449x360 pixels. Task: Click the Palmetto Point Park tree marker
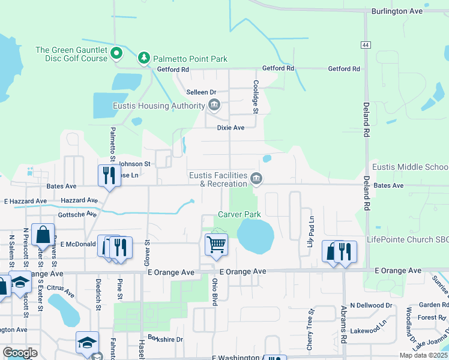(x=143, y=58)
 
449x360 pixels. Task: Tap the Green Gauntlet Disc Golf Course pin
(x=118, y=53)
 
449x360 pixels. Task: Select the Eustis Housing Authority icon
(x=214, y=106)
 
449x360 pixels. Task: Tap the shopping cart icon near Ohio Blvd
(x=215, y=244)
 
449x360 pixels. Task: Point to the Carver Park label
(x=239, y=214)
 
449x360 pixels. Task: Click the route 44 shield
(x=366, y=45)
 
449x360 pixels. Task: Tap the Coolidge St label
(x=256, y=97)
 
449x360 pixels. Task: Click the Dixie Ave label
(x=231, y=128)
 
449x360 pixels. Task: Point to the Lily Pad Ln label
(x=311, y=232)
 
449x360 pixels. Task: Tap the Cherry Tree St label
(x=310, y=329)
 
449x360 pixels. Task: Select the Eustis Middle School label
(x=410, y=167)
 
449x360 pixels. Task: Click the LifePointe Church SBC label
(x=408, y=240)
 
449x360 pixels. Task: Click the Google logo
(x=20, y=353)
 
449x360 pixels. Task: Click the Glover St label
(x=146, y=253)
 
